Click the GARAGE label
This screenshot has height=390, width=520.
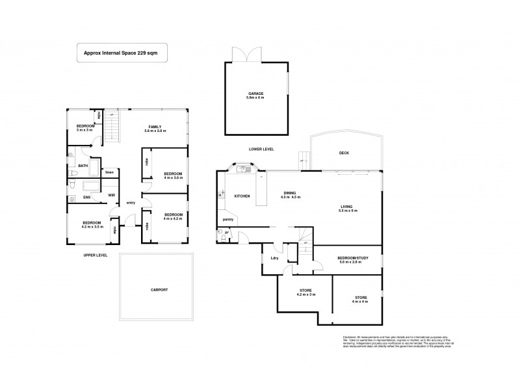(255, 95)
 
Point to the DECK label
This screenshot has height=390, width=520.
(344, 153)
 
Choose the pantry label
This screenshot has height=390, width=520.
(228, 220)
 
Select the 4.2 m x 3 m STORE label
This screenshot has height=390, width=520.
(306, 292)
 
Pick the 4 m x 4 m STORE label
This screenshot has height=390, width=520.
(361, 298)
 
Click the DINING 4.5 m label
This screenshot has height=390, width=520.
(291, 194)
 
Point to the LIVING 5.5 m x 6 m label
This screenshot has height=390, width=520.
(348, 209)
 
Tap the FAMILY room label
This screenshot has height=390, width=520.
(155, 129)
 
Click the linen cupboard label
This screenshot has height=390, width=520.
(110, 172)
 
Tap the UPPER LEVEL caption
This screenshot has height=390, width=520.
(96, 255)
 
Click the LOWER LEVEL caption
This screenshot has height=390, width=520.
(261, 149)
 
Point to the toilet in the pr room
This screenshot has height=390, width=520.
(222, 237)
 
